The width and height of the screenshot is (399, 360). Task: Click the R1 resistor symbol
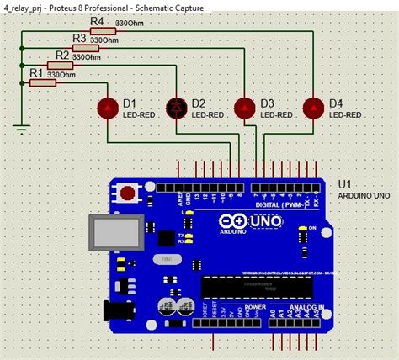tap(36, 83)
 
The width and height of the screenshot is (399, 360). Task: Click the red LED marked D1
tap(108, 108)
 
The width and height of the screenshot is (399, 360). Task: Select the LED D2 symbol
tap(177, 108)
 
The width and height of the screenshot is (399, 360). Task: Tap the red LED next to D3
tap(245, 108)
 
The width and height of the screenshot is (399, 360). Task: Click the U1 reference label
tap(344, 184)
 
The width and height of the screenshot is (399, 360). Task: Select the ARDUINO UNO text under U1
tap(363, 196)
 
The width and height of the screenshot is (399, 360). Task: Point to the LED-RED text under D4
tap(346, 114)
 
